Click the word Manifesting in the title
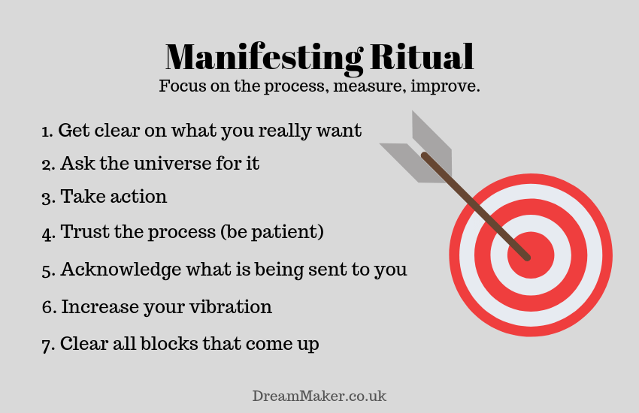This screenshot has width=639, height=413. [x=264, y=59]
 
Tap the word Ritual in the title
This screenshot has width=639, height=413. [x=422, y=56]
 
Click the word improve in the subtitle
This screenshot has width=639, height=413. [x=445, y=86]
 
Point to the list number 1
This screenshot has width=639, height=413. [x=47, y=131]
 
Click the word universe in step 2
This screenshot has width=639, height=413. [x=171, y=163]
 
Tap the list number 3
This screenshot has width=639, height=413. [x=48, y=198]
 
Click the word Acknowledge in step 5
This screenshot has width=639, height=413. [x=120, y=270]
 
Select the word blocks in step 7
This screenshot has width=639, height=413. [x=168, y=343]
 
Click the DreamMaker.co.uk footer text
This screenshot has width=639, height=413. [x=319, y=396]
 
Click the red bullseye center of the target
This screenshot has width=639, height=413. [x=531, y=255]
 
